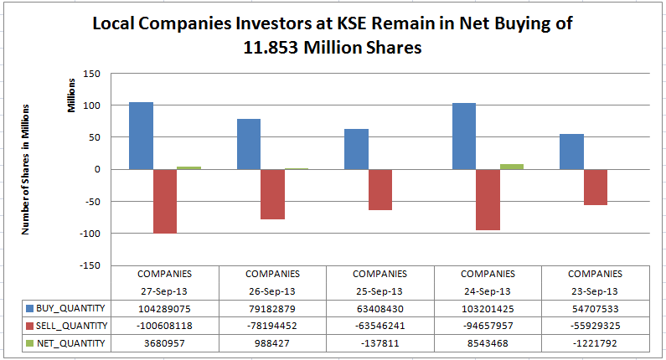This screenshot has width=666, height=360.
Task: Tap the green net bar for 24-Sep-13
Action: coord(512,167)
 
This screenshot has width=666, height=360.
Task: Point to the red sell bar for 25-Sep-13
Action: coord(380,189)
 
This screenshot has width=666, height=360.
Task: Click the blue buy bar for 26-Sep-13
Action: coord(249,144)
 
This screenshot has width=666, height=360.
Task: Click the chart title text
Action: coord(332,36)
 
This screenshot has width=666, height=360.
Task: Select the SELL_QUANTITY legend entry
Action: coord(72,326)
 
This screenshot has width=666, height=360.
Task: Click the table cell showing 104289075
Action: coord(164,309)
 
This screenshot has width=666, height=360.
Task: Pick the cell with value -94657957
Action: coord(488,326)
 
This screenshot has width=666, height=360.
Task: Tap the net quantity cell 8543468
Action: coord(488,342)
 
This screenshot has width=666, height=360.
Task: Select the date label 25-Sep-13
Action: coord(379,291)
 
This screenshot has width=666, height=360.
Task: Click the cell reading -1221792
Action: coord(595,342)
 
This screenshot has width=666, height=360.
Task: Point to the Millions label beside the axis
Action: coord(71,95)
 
